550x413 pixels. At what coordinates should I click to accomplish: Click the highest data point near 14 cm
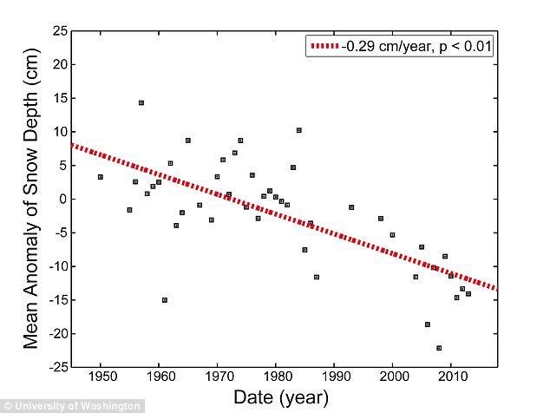[x=141, y=102]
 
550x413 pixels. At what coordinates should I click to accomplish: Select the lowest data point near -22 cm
[x=439, y=348]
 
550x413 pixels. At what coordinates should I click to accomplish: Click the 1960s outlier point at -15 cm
[x=164, y=300]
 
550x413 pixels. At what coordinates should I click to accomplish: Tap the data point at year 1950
[x=101, y=177]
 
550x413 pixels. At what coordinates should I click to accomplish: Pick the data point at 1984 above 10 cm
[x=298, y=130]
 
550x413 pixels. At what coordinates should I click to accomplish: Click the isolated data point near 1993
[x=351, y=207]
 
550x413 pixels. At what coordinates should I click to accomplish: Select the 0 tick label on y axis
[x=61, y=199]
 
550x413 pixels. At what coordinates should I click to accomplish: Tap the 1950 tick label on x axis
[x=101, y=377]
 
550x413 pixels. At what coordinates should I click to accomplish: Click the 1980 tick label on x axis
[x=276, y=377]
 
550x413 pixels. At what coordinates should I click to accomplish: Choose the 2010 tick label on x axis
[x=450, y=377]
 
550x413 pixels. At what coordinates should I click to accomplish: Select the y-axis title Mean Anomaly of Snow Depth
[x=31, y=200]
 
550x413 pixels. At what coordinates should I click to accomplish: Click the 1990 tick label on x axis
[x=334, y=377]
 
